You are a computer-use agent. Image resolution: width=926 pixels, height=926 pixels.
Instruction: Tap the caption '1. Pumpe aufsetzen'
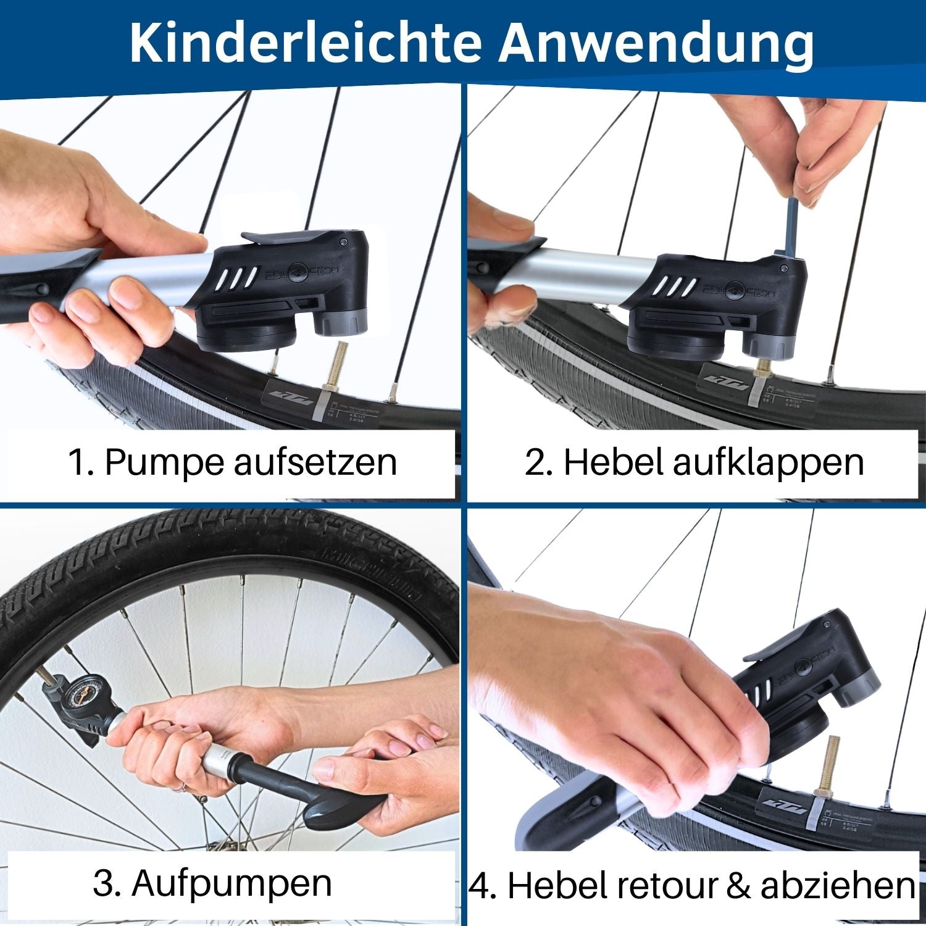pyautogui.click(x=232, y=462)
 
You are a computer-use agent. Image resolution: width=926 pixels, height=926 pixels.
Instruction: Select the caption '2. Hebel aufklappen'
pyautogui.click(x=694, y=462)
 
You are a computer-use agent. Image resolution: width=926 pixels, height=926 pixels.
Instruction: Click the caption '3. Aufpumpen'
pyautogui.click(x=212, y=883)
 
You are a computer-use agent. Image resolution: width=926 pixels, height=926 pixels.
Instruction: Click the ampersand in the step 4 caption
pyautogui.click(x=738, y=885)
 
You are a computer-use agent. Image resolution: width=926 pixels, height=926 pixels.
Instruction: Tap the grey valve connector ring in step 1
pyautogui.click(x=341, y=322)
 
